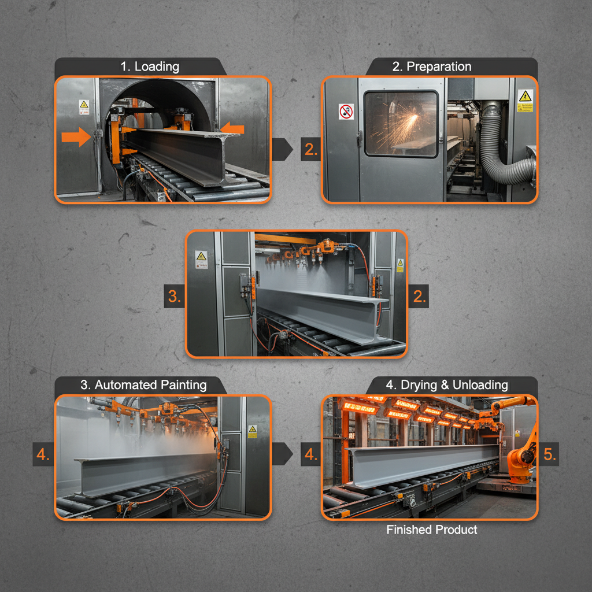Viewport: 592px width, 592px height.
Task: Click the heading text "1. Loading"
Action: [150, 66]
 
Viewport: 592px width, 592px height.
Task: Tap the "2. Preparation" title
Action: [432, 66]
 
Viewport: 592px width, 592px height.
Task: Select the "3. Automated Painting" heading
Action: [143, 385]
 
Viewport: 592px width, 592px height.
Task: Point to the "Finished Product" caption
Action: [432, 530]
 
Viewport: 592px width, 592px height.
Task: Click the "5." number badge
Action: [550, 455]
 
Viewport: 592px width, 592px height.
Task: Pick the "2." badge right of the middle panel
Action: [420, 297]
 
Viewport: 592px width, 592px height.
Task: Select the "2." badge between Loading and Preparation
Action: [311, 150]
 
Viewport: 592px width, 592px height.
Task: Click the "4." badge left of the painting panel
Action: [43, 455]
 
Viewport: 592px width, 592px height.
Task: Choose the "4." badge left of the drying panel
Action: [311, 455]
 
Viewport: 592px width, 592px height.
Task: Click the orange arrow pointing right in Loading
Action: [76, 136]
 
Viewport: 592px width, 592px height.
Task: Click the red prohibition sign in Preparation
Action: [346, 112]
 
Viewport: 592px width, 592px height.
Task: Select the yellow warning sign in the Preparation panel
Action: [525, 101]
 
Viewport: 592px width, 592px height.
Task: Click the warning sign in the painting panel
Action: [252, 431]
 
